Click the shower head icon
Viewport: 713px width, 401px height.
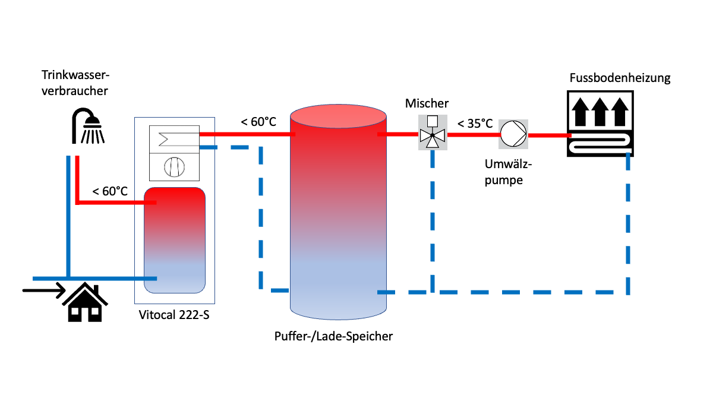[x=88, y=127]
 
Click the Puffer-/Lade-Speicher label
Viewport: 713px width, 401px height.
[x=333, y=336]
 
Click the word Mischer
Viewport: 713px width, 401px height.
[x=427, y=103]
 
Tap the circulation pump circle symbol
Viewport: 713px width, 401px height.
[x=513, y=134]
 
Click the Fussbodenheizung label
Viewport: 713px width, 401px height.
[x=620, y=78]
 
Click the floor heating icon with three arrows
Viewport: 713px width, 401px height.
[x=600, y=124]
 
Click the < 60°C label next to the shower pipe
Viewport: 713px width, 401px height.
[x=110, y=191]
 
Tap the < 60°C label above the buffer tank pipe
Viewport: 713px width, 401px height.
[x=258, y=122]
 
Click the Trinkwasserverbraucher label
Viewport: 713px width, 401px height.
[x=76, y=84]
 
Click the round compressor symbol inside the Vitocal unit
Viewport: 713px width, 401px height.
[x=173, y=168]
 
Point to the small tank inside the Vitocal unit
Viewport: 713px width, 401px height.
[x=175, y=240]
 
